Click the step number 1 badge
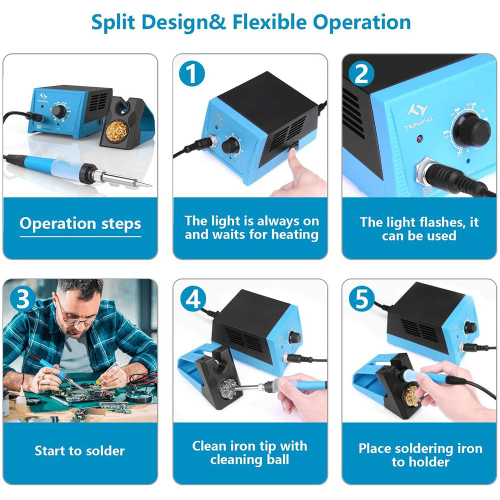192,73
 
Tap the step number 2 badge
361,73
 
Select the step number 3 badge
23,298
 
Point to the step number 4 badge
192,298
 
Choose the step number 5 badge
361,298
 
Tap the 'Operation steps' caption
80,223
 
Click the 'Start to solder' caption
79,450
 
